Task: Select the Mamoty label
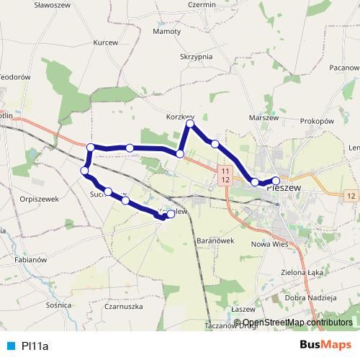(x=167, y=32)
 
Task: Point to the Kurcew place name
(x=105, y=42)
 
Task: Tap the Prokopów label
(x=318, y=121)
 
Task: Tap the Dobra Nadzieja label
(x=311, y=297)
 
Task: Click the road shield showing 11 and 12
(x=225, y=174)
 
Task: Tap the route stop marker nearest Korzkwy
(x=191, y=125)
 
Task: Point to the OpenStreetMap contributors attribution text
(x=297, y=322)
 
